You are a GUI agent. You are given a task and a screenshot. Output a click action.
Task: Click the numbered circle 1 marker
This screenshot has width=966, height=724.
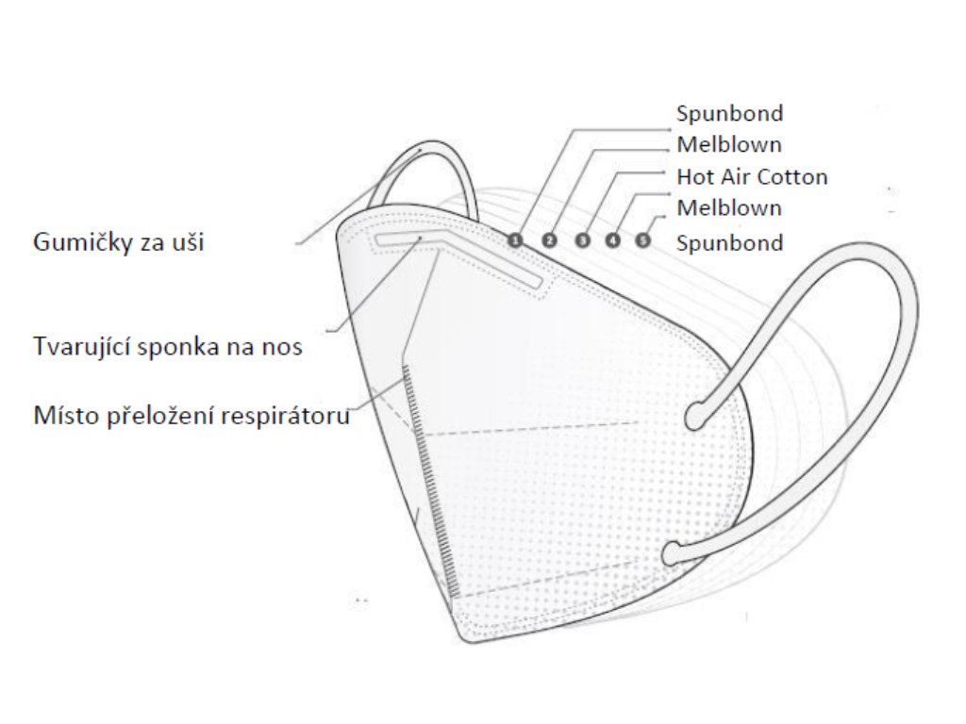pos(514,240)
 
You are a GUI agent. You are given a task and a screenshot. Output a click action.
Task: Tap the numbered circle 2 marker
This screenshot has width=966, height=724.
pos(549,240)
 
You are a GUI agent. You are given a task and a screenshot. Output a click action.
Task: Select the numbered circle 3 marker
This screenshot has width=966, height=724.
pos(583,240)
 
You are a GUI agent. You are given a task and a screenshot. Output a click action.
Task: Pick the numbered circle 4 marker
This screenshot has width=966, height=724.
pos(613,240)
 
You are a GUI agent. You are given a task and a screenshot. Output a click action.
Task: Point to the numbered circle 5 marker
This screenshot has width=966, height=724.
pos(643,240)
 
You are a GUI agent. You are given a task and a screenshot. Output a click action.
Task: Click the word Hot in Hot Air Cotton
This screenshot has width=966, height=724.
pos(693,176)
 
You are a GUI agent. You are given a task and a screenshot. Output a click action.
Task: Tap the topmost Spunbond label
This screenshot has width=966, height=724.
pos(729,113)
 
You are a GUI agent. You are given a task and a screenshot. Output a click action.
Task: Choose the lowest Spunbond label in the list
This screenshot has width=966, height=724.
pos(729,243)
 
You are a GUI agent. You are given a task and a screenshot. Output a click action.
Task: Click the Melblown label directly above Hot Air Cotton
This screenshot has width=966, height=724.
pos(729,145)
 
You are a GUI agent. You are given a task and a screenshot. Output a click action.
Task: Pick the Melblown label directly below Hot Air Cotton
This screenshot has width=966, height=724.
pos(729,207)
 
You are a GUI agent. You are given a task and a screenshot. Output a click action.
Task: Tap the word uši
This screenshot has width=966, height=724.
pos(187,243)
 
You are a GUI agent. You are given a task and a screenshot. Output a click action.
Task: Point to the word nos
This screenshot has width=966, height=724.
pos(285,346)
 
